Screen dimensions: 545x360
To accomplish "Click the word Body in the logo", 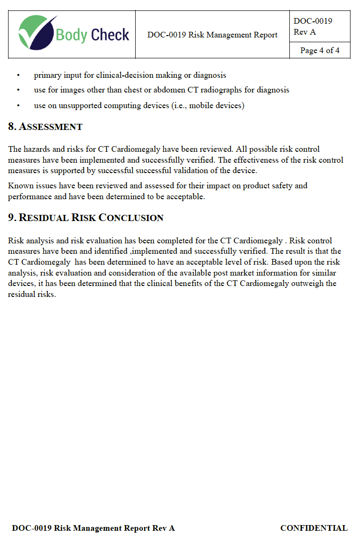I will (71, 35).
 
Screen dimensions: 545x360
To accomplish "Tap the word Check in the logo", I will (110, 35).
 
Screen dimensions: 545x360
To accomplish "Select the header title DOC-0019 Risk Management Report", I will (212, 35).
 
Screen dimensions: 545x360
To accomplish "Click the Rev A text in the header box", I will (305, 32).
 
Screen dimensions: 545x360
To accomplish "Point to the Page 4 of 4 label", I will (320, 50).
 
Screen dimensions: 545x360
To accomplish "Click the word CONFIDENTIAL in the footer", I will (314, 528).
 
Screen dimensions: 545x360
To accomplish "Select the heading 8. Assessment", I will (45, 127).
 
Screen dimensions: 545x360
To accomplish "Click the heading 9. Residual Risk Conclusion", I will (86, 218).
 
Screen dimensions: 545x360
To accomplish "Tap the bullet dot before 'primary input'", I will (18, 75).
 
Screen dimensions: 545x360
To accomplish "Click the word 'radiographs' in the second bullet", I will (221, 90).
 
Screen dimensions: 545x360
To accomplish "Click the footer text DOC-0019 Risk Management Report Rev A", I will (93, 528).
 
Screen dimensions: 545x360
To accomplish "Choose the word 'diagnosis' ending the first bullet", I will (210, 75).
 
